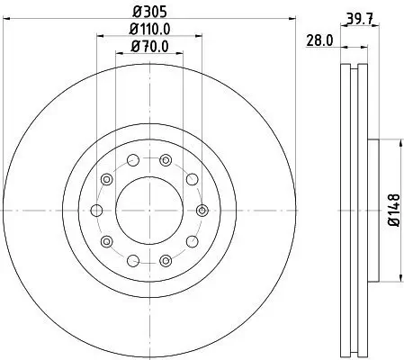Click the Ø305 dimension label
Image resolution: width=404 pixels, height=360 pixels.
(x=148, y=12)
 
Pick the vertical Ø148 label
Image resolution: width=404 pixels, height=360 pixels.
(x=393, y=209)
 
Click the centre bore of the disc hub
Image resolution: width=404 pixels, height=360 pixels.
(x=148, y=209)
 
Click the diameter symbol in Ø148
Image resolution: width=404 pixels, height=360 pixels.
(x=393, y=226)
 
